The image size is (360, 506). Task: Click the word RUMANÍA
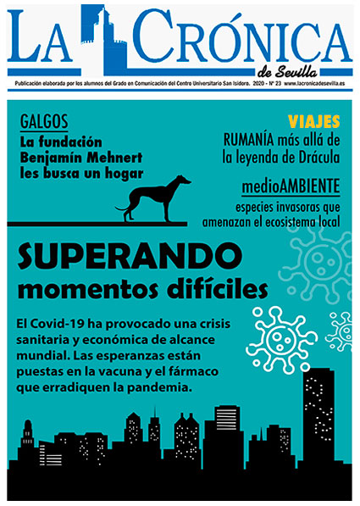tap(250, 139)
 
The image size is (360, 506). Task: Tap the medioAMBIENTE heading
tap(289, 186)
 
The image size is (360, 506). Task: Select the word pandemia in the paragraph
tap(161, 388)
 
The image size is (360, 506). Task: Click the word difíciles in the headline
tap(205, 291)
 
